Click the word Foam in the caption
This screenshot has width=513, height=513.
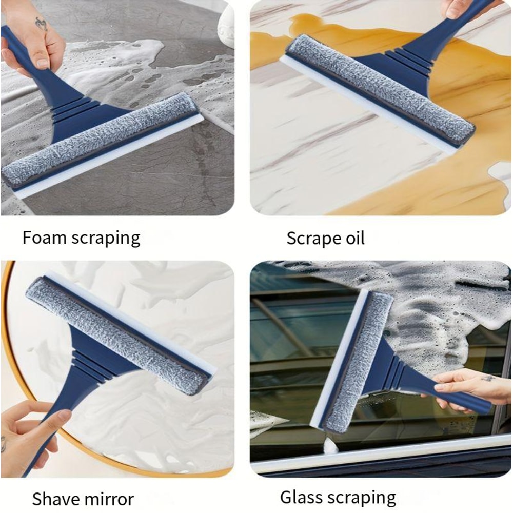click(x=44, y=238)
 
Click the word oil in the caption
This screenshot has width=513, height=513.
click(x=354, y=238)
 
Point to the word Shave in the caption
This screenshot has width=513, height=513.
click(x=56, y=499)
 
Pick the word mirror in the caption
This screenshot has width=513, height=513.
click(x=109, y=499)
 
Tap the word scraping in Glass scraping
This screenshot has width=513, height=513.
click(x=362, y=498)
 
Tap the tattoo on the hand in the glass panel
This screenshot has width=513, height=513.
click(x=487, y=378)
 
